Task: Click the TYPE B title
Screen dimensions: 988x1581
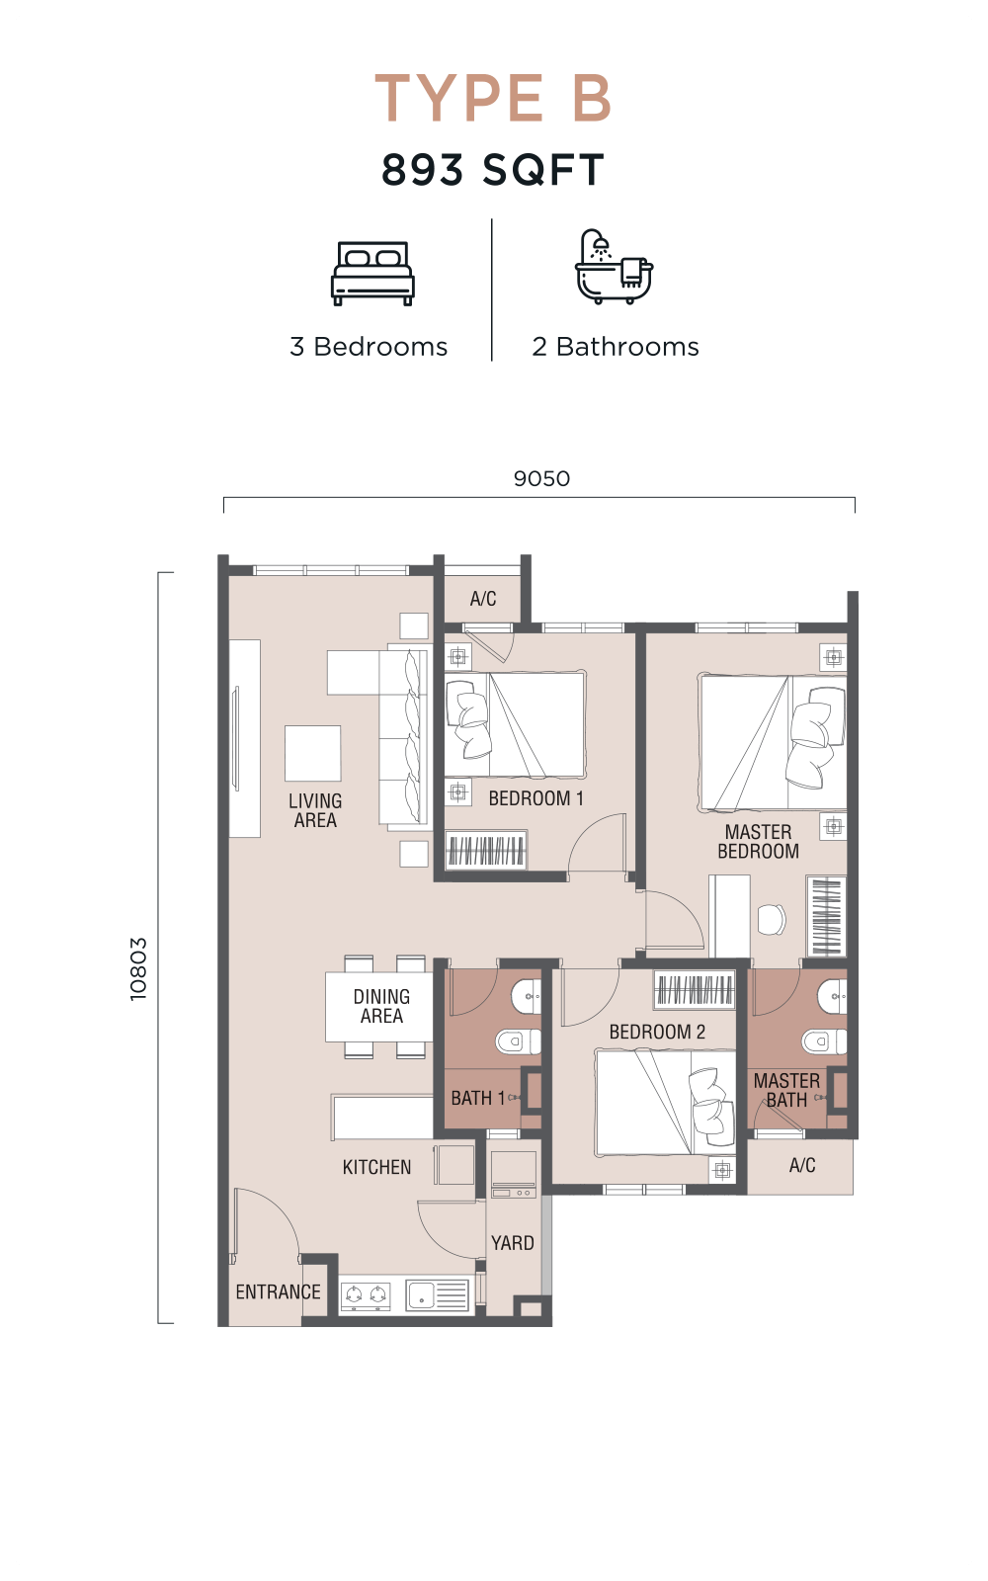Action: (x=493, y=98)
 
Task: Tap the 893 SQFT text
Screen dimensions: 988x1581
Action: (x=493, y=170)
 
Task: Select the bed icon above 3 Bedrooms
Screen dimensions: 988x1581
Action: (x=372, y=274)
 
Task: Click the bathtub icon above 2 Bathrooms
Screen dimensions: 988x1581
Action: (x=614, y=266)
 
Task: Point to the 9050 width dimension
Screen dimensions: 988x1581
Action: (x=541, y=478)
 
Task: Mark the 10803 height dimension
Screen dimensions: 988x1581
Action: (x=138, y=969)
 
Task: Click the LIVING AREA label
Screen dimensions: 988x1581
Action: (x=315, y=810)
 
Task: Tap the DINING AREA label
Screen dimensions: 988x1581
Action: (x=381, y=1006)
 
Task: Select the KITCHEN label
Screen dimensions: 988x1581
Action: (x=376, y=1167)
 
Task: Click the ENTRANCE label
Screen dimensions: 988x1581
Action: (x=278, y=1291)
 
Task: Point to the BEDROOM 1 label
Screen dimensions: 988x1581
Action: (x=536, y=798)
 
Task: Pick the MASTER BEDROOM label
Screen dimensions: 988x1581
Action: (x=759, y=841)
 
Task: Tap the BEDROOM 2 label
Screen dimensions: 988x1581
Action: (x=657, y=1032)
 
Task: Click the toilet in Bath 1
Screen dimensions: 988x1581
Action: (x=519, y=1041)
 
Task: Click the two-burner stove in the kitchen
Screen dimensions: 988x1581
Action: (x=366, y=1295)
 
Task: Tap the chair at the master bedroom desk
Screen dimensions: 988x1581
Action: (x=772, y=919)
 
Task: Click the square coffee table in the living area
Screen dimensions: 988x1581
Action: (x=312, y=754)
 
